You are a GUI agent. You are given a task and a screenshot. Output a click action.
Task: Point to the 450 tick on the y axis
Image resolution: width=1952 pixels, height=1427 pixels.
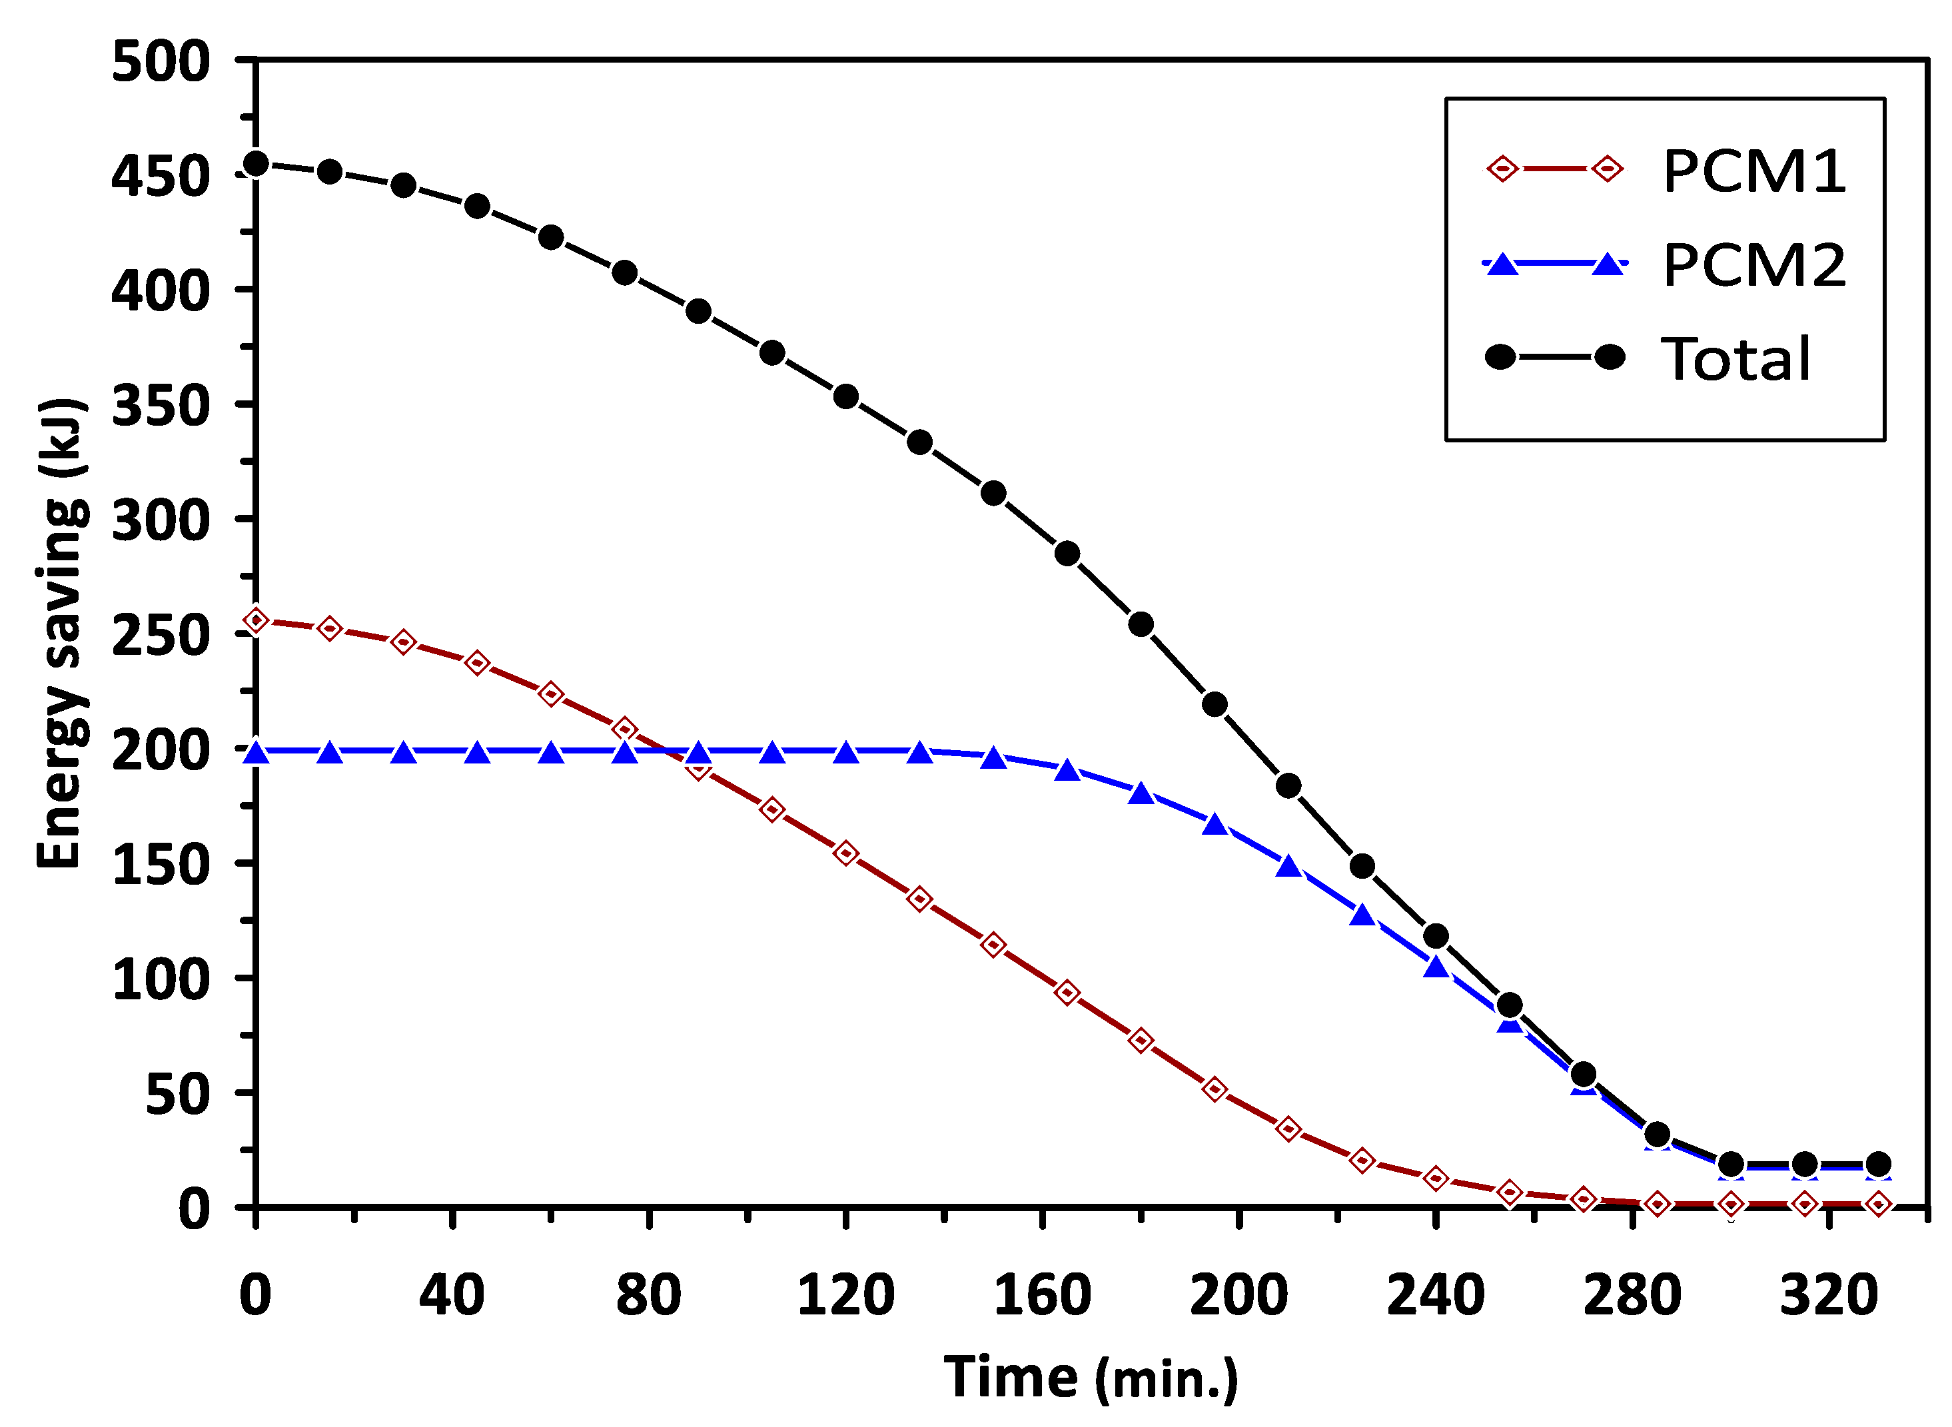click(x=161, y=177)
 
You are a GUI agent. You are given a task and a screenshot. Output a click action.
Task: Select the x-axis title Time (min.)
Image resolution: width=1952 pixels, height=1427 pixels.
click(x=1091, y=1377)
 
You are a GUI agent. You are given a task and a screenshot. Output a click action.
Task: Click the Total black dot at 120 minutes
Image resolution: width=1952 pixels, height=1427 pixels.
click(x=845, y=396)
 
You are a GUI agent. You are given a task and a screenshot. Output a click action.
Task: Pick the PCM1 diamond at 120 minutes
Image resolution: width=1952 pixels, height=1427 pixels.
click(x=845, y=853)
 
